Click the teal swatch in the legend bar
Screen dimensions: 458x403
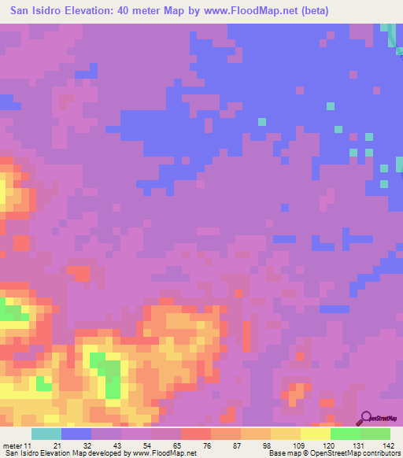[46, 434]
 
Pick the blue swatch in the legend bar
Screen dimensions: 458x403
[76, 434]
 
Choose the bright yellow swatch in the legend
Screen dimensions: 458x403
[315, 434]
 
